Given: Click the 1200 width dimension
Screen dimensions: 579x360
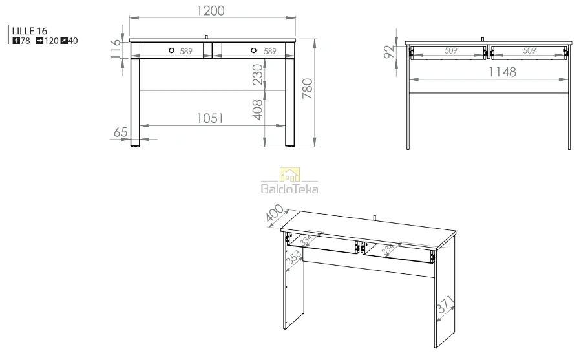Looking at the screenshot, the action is (211, 11).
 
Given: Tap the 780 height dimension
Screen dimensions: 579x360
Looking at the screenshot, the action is (308, 89).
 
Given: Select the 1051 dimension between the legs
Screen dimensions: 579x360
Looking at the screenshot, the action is (210, 118).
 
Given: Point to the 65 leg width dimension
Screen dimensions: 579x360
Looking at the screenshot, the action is (120, 132).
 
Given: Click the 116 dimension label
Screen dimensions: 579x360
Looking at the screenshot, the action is (115, 48).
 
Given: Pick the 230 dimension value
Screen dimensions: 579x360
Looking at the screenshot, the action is (257, 74).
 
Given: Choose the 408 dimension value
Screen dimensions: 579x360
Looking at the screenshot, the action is (257, 110).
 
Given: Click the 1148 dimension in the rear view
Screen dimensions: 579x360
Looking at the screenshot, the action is (502, 72).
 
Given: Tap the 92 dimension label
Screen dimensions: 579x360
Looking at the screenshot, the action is (389, 52).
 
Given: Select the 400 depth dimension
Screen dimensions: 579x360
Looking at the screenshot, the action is (275, 214).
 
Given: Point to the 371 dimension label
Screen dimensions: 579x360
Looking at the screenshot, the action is (445, 304).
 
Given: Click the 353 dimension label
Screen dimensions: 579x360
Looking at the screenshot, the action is (294, 257).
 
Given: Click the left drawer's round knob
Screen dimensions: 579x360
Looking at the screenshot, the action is (171, 50).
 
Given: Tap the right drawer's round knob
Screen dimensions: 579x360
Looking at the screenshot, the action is (254, 50).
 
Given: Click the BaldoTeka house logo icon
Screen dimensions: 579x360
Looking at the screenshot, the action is (290, 175).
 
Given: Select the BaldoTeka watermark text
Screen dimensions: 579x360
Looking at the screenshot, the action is (289, 189).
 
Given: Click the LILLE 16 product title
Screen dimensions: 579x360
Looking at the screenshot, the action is (30, 31).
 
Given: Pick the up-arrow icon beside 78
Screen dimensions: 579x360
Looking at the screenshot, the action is (16, 41).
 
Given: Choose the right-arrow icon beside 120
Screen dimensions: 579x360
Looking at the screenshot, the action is (40, 41).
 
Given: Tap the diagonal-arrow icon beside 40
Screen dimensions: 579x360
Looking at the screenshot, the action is (64, 41).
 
